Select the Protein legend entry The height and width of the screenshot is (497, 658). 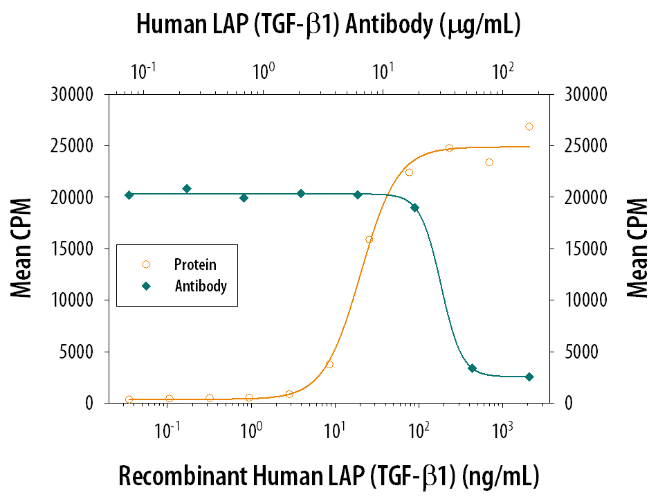194,264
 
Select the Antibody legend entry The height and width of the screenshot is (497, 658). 200,286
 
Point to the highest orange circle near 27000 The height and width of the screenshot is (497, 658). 529,127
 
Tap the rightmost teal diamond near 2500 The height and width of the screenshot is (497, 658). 529,377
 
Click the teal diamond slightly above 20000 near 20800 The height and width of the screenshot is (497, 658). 187,188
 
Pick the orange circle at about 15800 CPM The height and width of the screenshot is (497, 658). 369,240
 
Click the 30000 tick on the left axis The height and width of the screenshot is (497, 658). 73,94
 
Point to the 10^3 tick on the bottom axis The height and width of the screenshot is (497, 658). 502,430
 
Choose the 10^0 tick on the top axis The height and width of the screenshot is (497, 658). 264,71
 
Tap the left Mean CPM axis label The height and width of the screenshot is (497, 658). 23,249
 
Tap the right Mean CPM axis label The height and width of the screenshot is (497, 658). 637,249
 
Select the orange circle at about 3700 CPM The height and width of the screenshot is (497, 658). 329,364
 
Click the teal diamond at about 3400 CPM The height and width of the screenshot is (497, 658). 472,368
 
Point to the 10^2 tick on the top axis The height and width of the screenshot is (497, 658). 502,71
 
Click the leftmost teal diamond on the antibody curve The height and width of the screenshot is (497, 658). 129,195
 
